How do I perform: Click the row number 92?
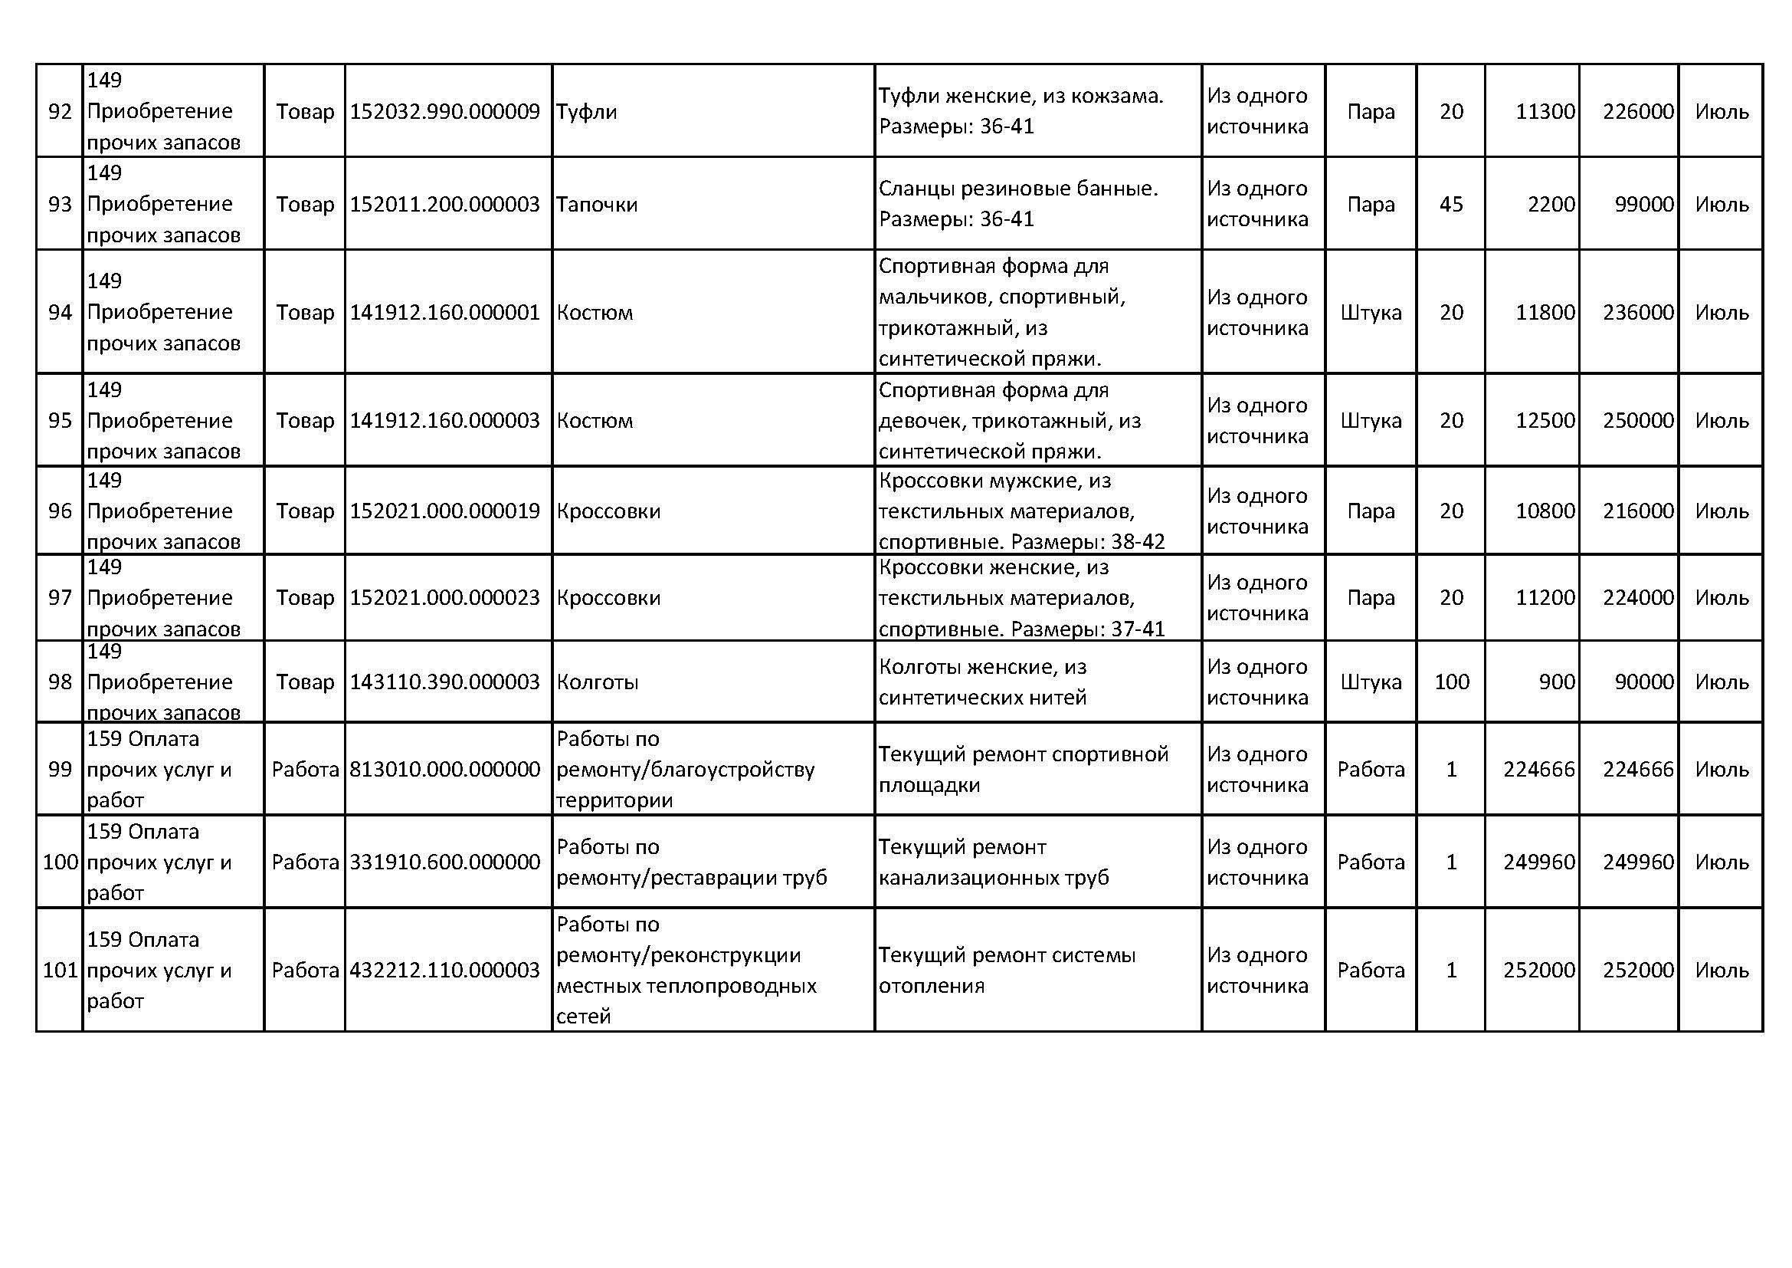59,112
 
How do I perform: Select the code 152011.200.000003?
444,205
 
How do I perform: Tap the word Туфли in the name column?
586,112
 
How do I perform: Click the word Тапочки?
597,205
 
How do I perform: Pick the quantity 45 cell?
1451,205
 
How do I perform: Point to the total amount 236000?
1638,312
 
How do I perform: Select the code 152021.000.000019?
444,511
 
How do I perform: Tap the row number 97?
59,598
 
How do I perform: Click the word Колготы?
597,682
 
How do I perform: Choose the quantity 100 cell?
1451,682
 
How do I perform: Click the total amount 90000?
1643,682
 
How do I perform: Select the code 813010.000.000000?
444,770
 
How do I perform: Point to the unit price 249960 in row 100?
1538,862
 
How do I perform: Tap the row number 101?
60,971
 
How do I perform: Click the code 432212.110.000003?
444,971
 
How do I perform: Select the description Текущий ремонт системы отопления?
1007,971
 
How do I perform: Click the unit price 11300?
1545,112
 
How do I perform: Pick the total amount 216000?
1638,511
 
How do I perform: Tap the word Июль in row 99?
1721,770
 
